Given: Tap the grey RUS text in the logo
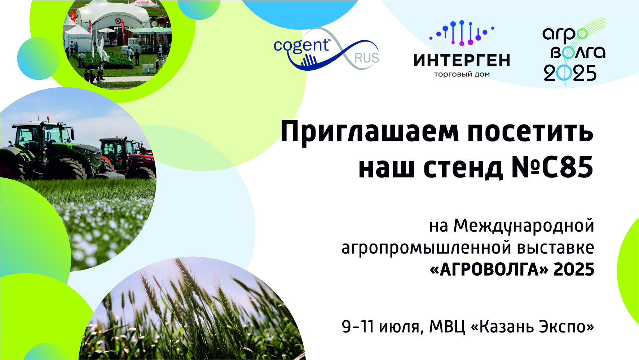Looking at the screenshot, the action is click(x=367, y=58).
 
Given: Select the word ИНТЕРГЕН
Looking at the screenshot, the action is click(x=462, y=60).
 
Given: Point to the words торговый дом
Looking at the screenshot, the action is click(x=462, y=75).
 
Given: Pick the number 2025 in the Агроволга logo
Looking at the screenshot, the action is click(x=570, y=73).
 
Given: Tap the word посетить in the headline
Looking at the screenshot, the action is click(x=530, y=132).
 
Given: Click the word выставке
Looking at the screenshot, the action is click(x=556, y=247).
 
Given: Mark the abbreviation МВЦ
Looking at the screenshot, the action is click(x=448, y=327).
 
